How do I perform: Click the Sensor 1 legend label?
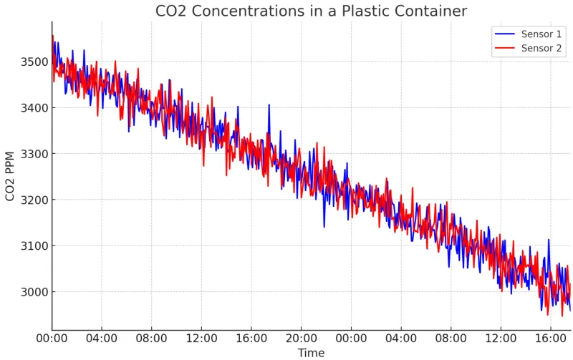click(541, 34)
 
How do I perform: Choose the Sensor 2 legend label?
click(541, 49)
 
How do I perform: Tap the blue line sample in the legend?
click(504, 34)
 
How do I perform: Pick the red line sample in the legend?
click(504, 49)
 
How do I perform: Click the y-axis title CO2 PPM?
click(10, 175)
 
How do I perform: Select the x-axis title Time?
click(311, 353)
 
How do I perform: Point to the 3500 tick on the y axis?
click(33, 62)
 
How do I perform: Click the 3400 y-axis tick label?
click(33, 108)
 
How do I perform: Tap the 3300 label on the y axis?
click(33, 154)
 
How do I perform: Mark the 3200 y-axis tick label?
click(33, 200)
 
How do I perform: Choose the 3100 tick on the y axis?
click(33, 246)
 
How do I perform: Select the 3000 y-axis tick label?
click(33, 292)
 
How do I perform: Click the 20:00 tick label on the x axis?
click(301, 337)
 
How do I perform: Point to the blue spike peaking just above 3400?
click(269, 106)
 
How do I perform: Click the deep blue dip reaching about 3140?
click(324, 225)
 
